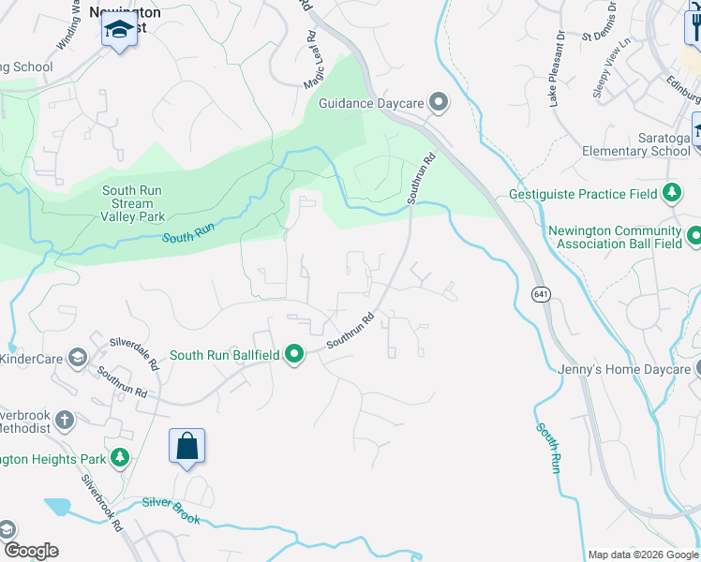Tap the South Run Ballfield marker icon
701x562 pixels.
(295, 355)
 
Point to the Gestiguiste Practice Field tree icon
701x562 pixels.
(672, 194)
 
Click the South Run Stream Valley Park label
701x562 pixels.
(132, 203)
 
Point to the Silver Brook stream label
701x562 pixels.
(171, 504)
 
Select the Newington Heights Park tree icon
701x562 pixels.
(120, 458)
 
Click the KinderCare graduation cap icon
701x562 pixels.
(77, 359)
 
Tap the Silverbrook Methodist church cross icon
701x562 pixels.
(65, 419)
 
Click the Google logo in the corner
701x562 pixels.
(31, 551)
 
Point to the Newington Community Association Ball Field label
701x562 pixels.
(615, 238)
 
